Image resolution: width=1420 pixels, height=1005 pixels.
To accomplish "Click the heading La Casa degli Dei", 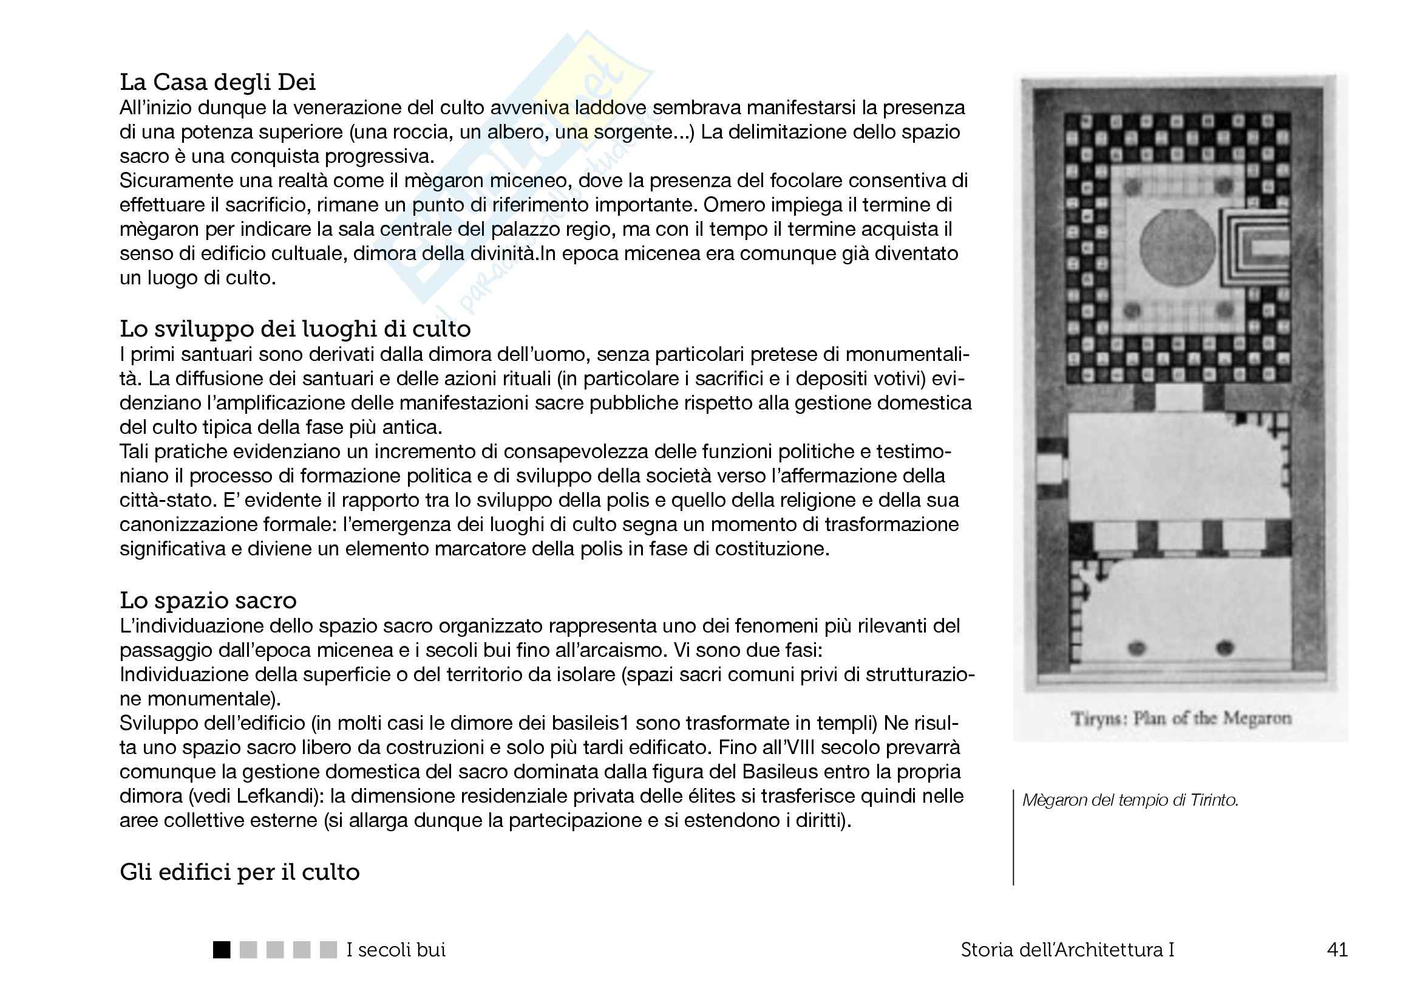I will point(217,81).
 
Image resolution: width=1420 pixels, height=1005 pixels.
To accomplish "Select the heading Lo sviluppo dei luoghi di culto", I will point(295,329).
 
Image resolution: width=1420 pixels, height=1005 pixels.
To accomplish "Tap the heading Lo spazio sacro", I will point(208,600).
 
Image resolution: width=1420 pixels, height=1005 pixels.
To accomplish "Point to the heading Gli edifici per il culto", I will point(239,872).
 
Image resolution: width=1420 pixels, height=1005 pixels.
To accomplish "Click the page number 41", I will point(1337,950).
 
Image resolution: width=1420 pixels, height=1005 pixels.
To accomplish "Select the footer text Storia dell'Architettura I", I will point(1067,950).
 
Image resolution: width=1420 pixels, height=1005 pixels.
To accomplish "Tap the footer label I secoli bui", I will point(396,950).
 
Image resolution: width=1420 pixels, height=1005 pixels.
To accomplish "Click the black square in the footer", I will point(222,950).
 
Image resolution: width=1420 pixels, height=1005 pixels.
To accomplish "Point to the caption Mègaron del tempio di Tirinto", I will point(1130,800).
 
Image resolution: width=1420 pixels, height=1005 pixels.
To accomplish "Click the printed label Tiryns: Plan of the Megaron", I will point(1181,718).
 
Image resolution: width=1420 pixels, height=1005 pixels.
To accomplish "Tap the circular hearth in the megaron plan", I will point(1177,244).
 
